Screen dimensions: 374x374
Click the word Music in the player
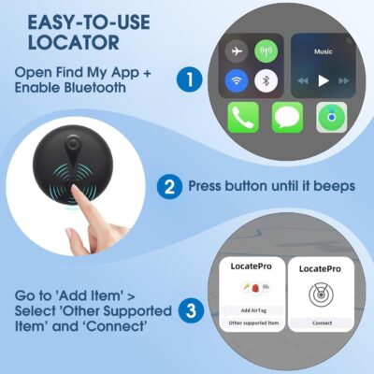pyautogui.click(x=323, y=52)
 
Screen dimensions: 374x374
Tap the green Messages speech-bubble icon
pyautogui.click(x=288, y=117)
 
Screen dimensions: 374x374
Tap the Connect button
pyautogui.click(x=322, y=323)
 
